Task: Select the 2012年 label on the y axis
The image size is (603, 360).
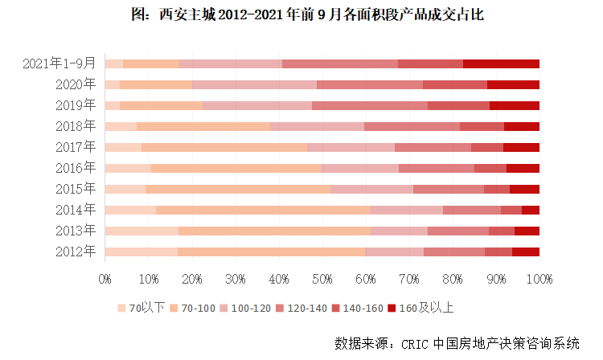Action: [x=76, y=252]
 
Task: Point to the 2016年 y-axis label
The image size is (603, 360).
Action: [x=76, y=168]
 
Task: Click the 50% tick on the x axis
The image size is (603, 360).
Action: [x=322, y=279]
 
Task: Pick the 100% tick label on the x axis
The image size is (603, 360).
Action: [x=539, y=279]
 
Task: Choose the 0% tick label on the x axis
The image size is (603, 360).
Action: [x=105, y=279]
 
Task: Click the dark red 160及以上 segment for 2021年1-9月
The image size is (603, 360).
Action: [x=501, y=63]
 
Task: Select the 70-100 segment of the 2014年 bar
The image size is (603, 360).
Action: [x=263, y=210]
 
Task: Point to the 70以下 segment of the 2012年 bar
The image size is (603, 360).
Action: [x=141, y=252]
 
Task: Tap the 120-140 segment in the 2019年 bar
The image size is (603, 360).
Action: [x=370, y=105]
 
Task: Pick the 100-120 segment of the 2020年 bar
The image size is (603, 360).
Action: [x=255, y=84]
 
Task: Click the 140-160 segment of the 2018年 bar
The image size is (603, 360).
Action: [x=482, y=126]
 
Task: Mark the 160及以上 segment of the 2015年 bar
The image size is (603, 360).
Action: [x=524, y=189]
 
